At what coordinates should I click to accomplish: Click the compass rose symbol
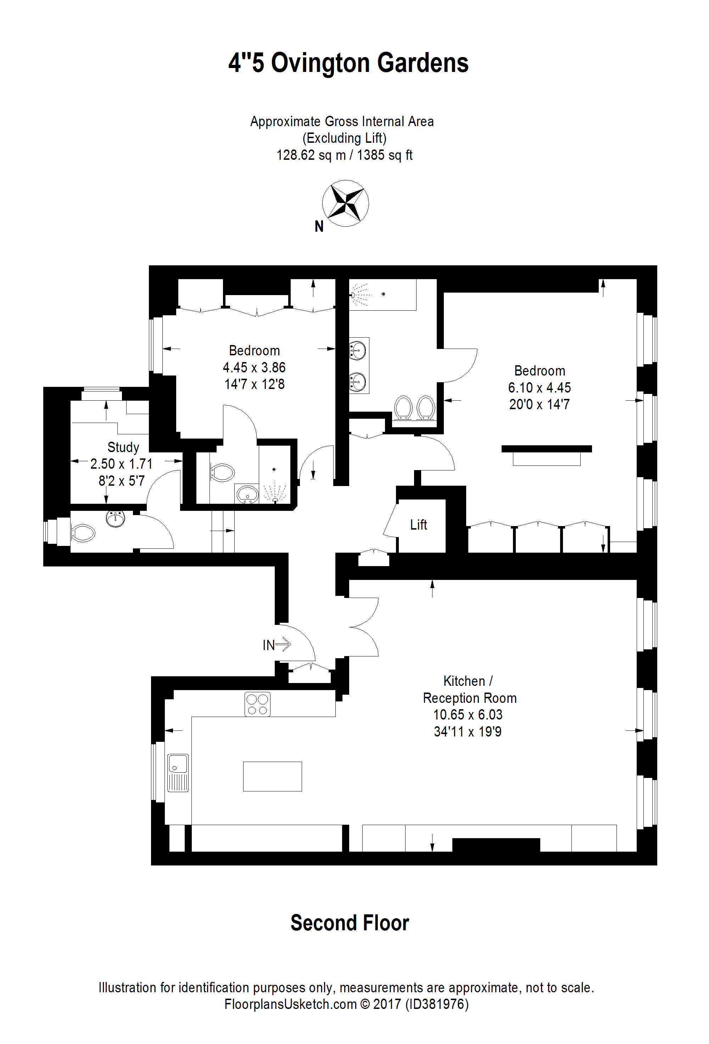[x=345, y=203]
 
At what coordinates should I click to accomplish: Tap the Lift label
[x=418, y=525]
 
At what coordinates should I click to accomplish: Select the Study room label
[x=123, y=447]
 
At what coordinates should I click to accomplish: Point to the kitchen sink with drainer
[x=178, y=772]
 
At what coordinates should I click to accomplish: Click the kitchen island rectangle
[x=273, y=776]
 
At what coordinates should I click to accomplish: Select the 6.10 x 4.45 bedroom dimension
[x=540, y=387]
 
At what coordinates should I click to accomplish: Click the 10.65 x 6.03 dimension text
[x=468, y=714]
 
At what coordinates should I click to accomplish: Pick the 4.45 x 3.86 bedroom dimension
[x=254, y=367]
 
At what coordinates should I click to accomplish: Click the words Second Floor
[x=350, y=923]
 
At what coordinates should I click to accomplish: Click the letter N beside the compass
[x=319, y=226]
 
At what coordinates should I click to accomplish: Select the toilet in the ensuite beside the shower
[x=223, y=472]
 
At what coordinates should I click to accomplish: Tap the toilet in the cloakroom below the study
[x=83, y=533]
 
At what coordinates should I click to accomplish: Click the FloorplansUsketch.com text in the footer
[x=290, y=1004]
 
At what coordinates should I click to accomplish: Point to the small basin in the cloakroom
[x=116, y=519]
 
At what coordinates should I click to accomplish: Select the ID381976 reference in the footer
[x=437, y=1004]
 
